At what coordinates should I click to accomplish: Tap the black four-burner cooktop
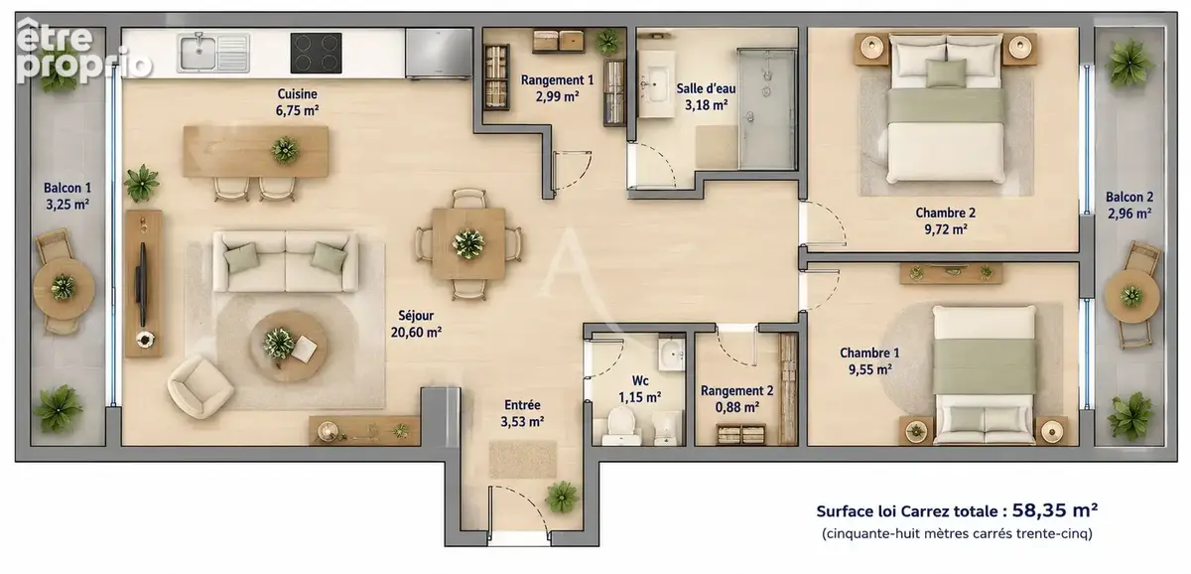(x=316, y=53)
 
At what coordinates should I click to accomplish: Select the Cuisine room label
(x=297, y=93)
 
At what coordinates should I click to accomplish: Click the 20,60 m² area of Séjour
(x=416, y=333)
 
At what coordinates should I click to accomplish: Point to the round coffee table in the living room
(x=288, y=346)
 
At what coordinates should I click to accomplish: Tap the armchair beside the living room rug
(x=199, y=386)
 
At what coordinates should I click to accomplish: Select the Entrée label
(x=522, y=405)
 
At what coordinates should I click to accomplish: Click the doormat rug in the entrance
(x=523, y=459)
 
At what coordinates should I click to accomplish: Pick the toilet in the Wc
(x=621, y=427)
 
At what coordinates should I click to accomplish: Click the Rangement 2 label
(x=736, y=391)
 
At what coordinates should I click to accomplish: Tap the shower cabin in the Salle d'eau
(x=766, y=108)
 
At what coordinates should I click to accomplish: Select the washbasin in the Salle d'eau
(x=656, y=84)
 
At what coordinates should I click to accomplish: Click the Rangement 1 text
(x=557, y=79)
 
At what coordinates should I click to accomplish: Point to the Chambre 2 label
(x=945, y=213)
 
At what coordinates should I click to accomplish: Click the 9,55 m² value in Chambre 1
(x=869, y=369)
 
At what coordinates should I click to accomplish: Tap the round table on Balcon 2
(x=1131, y=295)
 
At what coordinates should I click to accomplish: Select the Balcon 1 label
(x=67, y=188)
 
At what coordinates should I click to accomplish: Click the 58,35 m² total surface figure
(x=1054, y=510)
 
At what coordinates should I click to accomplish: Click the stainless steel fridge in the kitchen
(x=439, y=53)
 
